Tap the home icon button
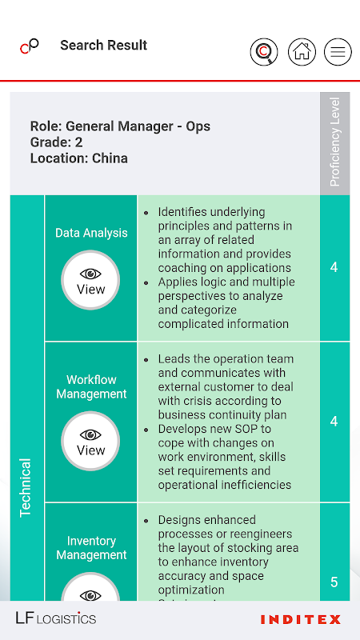[x=302, y=52]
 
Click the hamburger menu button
[x=338, y=52]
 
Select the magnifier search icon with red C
[x=264, y=52]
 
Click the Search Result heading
[x=104, y=46]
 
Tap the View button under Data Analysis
[x=90, y=280]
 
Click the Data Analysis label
[x=91, y=233]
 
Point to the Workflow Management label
[x=91, y=386]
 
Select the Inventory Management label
[x=91, y=548]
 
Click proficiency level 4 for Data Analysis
[x=334, y=267]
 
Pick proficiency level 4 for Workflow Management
[x=334, y=422]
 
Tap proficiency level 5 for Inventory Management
[x=334, y=582]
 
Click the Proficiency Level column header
[x=334, y=142]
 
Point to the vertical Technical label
[x=26, y=488]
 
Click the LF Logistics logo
[x=56, y=618]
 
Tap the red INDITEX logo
[x=301, y=619]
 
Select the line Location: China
[x=78, y=158]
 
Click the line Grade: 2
[x=56, y=142]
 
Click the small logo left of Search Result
[x=30, y=46]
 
